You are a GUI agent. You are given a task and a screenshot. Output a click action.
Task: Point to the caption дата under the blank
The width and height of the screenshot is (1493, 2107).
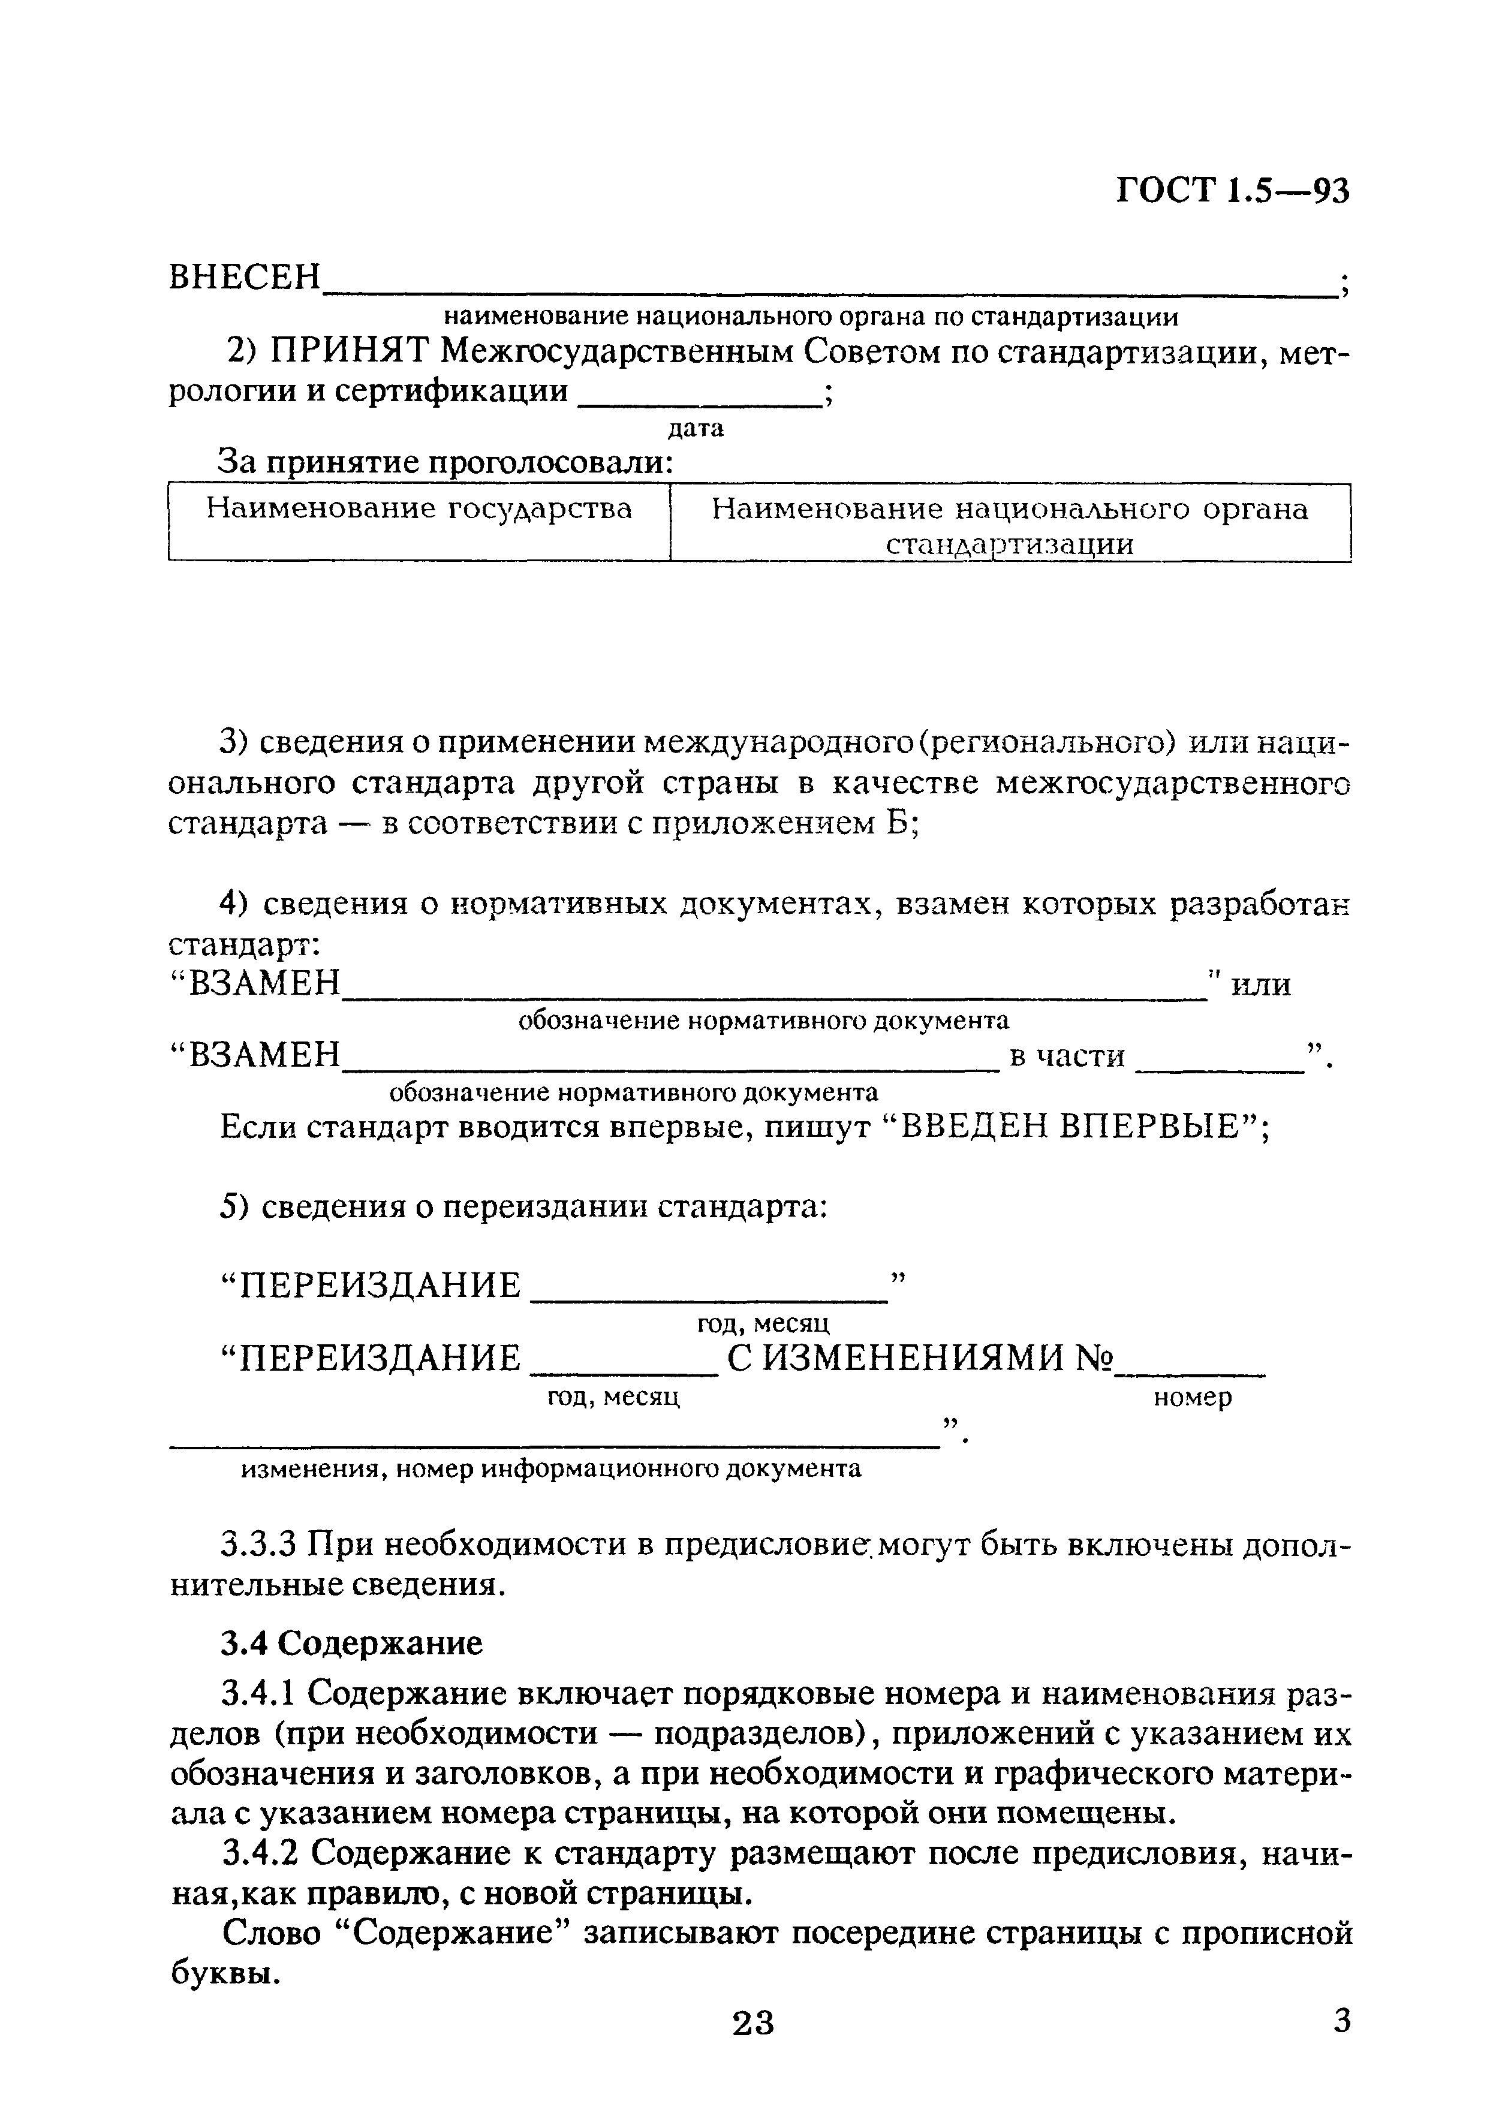[x=695, y=428]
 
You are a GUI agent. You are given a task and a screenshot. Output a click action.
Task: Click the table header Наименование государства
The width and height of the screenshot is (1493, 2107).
[x=419, y=508]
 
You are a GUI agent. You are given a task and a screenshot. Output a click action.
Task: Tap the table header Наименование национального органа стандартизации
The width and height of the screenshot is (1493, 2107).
[x=1010, y=526]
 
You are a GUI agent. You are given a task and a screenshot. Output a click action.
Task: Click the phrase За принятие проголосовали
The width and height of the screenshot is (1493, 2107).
[x=445, y=462]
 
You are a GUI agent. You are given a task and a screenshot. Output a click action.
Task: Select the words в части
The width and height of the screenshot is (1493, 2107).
[x=1067, y=1056]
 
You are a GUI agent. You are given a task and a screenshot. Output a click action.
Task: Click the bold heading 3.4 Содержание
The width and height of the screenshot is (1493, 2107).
[x=351, y=1643]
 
